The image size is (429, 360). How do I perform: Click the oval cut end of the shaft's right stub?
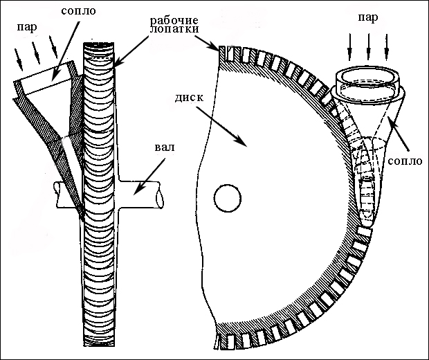tap(161, 197)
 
